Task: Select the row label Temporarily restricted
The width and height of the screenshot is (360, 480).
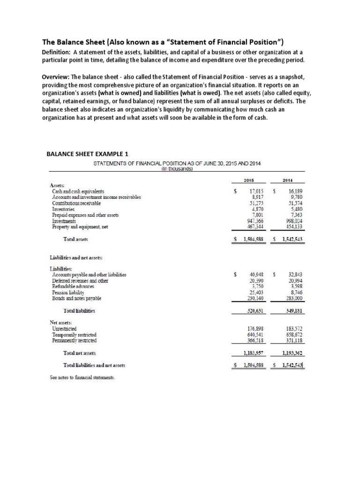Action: coord(75,335)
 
